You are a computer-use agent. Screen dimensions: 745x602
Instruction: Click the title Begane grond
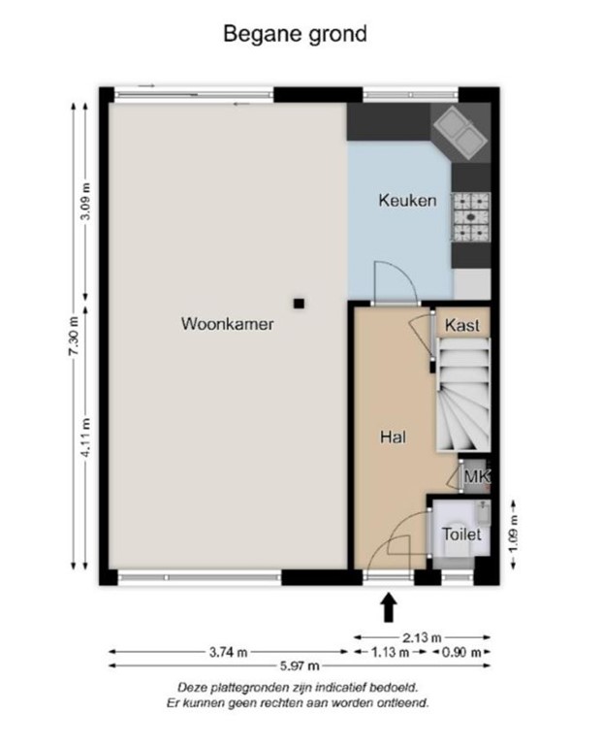pyautogui.click(x=296, y=34)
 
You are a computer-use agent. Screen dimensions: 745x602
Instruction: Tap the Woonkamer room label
pyautogui.click(x=227, y=324)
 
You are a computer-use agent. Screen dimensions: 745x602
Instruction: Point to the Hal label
pyautogui.click(x=392, y=437)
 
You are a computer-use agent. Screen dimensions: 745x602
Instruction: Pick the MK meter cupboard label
pyautogui.click(x=475, y=476)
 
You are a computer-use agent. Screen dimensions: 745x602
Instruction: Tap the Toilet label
pyautogui.click(x=461, y=534)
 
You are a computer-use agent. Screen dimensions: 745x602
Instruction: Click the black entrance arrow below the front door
pyautogui.click(x=389, y=607)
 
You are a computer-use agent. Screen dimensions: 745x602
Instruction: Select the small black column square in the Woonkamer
pyautogui.click(x=300, y=303)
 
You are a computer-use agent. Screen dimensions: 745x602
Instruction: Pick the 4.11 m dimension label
pyautogui.click(x=86, y=436)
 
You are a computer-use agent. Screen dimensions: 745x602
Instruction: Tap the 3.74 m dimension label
pyautogui.click(x=229, y=651)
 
